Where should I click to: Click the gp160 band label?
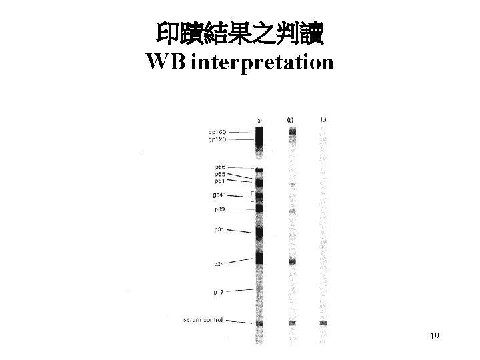coord(221,133)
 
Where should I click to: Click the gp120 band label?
coord(221,139)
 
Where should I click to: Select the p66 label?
coord(219,167)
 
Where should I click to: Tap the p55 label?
coord(219,174)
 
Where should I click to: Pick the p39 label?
coord(219,209)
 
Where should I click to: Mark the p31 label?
coord(219,230)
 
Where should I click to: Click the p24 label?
coord(219,264)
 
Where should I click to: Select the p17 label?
coord(219,292)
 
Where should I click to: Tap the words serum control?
coord(203,320)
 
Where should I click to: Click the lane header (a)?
coord(259,121)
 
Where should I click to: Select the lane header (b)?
coord(291,120)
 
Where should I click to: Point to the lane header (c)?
coord(323,120)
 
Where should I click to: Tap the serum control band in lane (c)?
coord(323,323)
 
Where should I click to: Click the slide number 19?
coord(434,337)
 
